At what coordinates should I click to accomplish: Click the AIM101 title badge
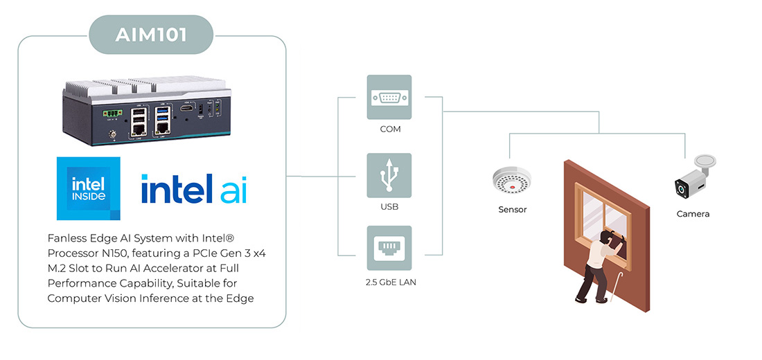(151, 35)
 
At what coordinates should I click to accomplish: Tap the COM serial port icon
(389, 97)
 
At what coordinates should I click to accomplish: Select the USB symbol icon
(389, 175)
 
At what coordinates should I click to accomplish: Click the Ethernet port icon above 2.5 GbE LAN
(389, 248)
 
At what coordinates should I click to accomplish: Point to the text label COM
(390, 129)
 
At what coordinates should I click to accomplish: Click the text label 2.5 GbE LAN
(391, 282)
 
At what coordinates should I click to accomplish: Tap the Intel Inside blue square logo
(89, 188)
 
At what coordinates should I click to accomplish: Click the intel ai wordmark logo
(194, 188)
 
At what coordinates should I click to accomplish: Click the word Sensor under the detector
(512, 210)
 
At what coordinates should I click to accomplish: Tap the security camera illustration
(695, 176)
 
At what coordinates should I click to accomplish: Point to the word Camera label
(693, 214)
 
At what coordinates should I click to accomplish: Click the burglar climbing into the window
(597, 266)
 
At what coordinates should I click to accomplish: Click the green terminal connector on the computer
(112, 114)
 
